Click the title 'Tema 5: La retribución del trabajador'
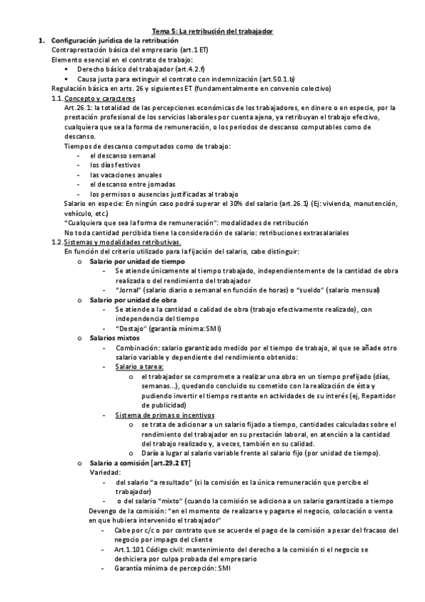[x=213, y=32]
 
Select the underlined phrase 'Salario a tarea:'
[x=139, y=366]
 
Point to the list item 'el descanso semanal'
[x=123, y=155]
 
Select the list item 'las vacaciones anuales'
[x=126, y=174]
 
